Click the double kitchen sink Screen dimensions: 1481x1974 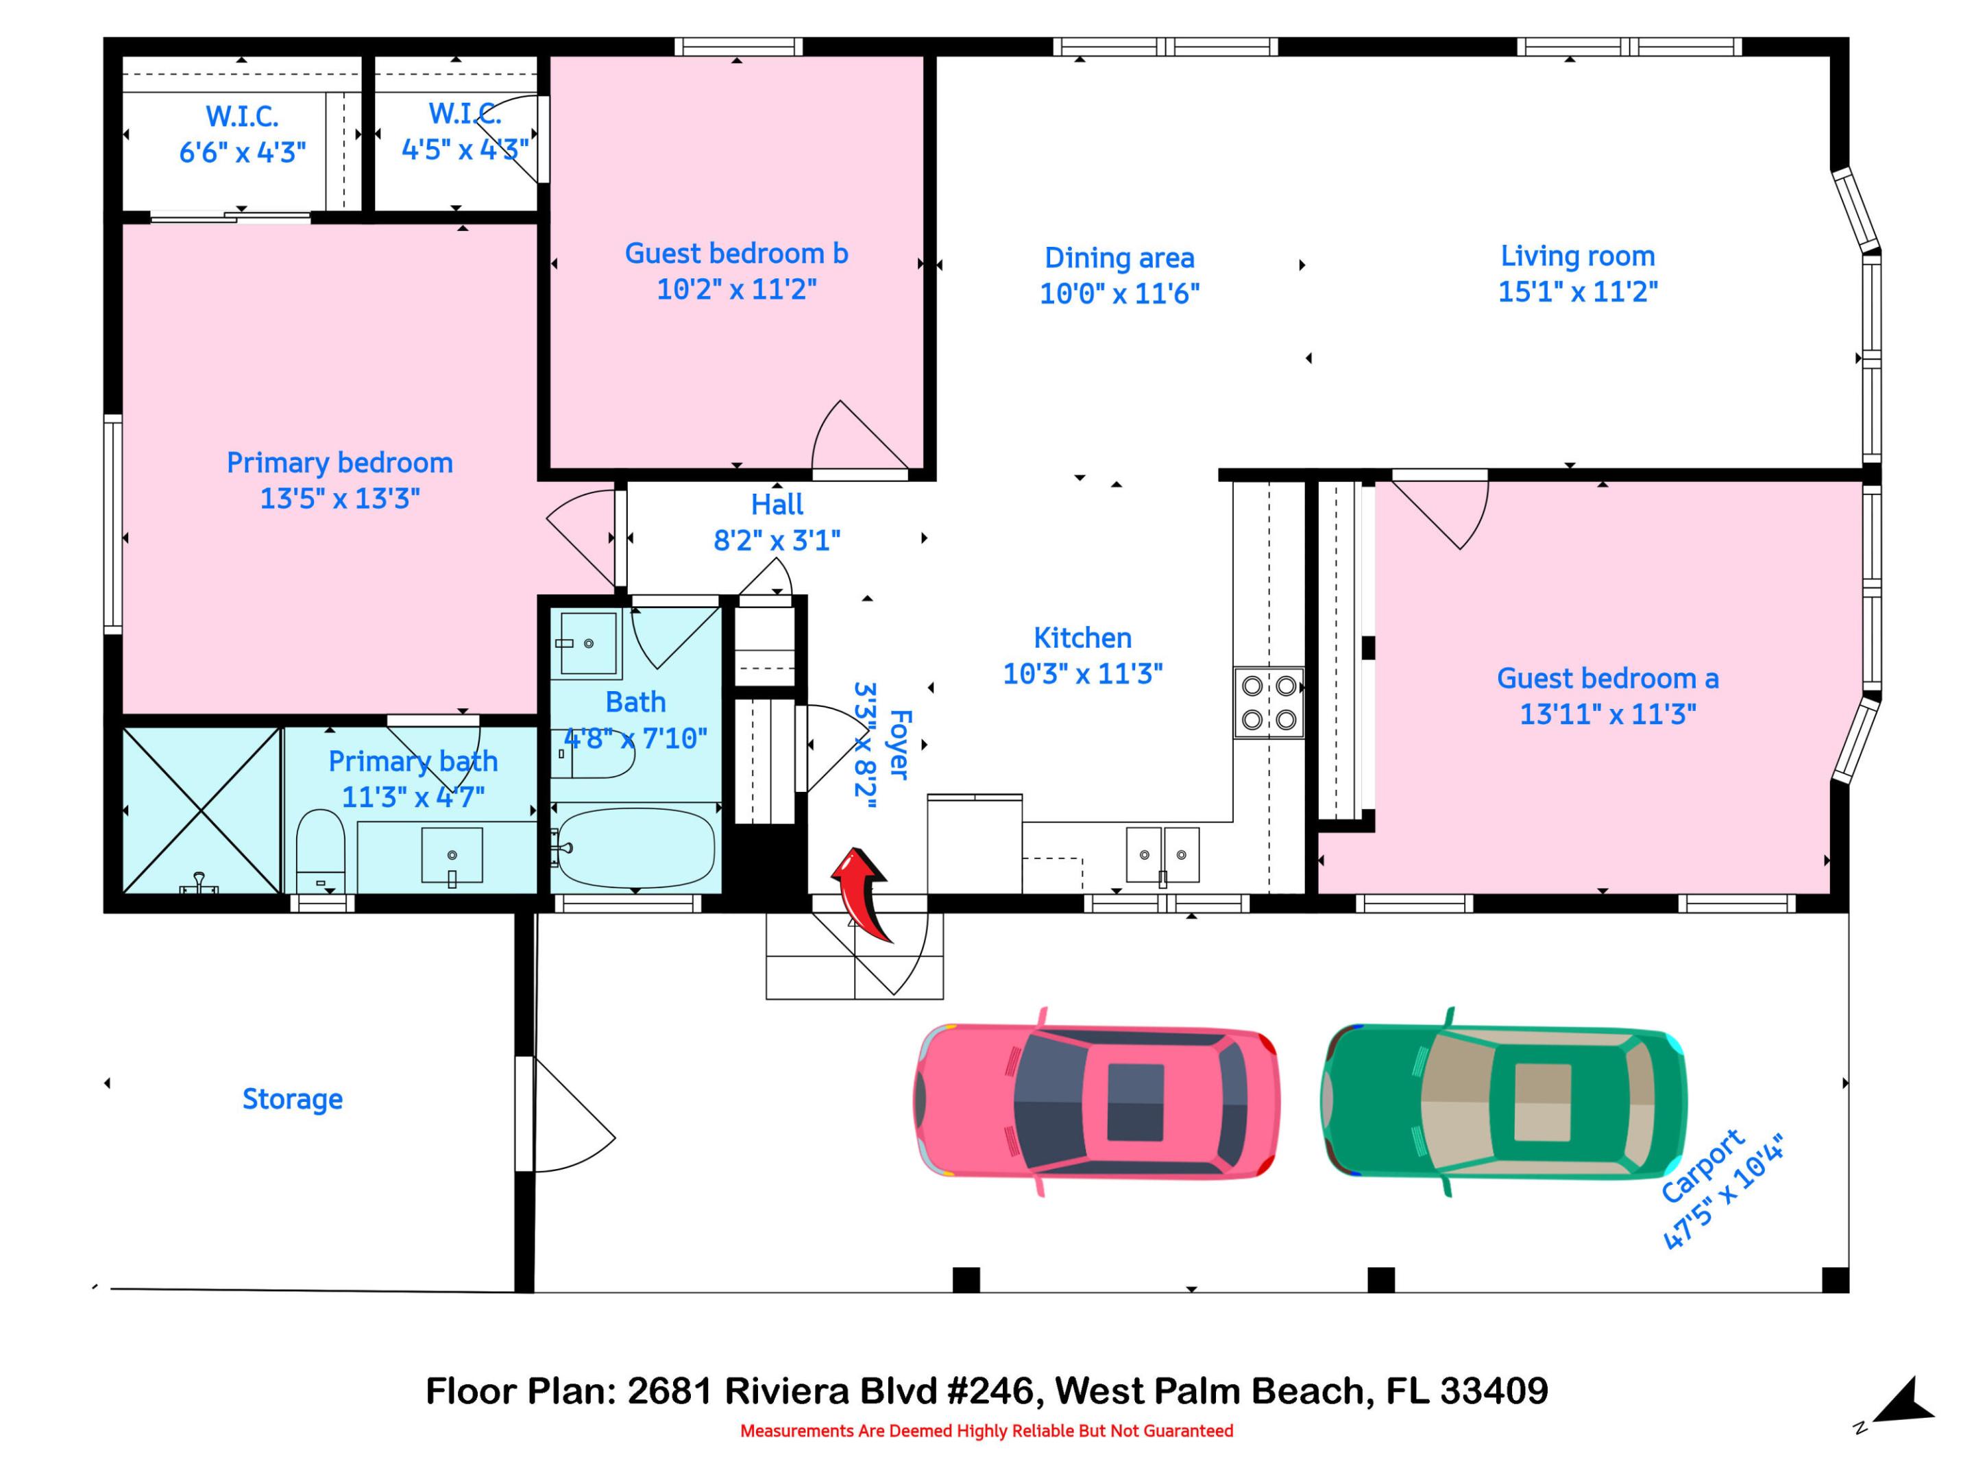tap(1162, 854)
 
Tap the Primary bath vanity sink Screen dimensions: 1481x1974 tap(452, 855)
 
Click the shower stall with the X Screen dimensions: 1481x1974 tap(202, 810)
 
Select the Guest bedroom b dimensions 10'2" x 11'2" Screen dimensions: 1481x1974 tap(736, 289)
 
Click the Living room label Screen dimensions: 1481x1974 tap(1577, 256)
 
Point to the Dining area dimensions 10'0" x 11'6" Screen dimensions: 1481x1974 tap(1119, 293)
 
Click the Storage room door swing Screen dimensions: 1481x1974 tap(571, 1116)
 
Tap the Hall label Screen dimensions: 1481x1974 tap(777, 505)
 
